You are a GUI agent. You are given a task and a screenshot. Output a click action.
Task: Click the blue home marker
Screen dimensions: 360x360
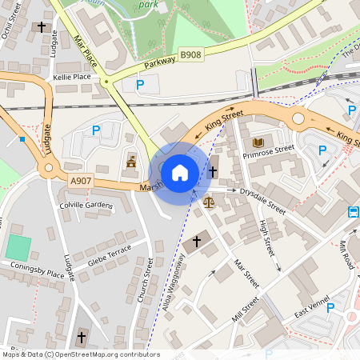coord(180,172)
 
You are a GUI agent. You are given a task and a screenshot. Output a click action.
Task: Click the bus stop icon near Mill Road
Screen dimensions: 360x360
coord(354,212)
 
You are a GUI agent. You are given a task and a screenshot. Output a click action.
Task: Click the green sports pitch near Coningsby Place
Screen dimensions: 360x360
coord(18,247)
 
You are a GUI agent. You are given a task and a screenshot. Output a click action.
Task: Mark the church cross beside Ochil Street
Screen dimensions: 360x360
coord(41,27)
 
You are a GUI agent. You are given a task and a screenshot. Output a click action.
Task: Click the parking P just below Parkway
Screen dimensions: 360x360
coord(141,84)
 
